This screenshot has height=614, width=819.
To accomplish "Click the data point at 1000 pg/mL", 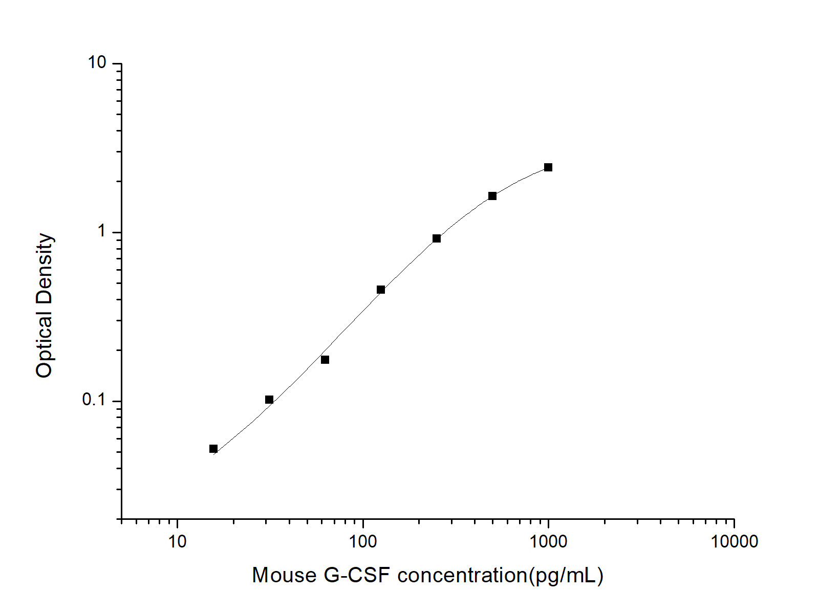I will point(548,167).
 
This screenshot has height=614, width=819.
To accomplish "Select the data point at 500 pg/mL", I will point(492,196).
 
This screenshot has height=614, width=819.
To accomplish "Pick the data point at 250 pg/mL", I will point(437,238).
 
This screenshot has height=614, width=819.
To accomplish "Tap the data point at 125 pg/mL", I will point(381,290).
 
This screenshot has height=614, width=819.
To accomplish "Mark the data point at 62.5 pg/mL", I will point(325,360).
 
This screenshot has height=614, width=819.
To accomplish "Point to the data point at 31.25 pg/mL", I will point(269,400).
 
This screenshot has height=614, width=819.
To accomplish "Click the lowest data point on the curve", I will point(213,449).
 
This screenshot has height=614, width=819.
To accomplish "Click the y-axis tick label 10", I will point(97,62).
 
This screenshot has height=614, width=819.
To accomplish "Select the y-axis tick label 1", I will point(101,231).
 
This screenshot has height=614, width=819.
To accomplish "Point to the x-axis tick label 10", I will point(177,541).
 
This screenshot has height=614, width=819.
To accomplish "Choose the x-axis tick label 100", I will point(363,541).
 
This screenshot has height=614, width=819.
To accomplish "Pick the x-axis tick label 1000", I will point(548,541).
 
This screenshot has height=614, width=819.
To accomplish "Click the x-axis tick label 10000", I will point(734,541).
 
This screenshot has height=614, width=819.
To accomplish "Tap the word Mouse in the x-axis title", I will point(285,575).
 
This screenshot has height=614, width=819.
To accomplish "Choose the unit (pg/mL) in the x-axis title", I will point(566,575).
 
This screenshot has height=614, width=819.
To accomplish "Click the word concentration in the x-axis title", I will point(462,575).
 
